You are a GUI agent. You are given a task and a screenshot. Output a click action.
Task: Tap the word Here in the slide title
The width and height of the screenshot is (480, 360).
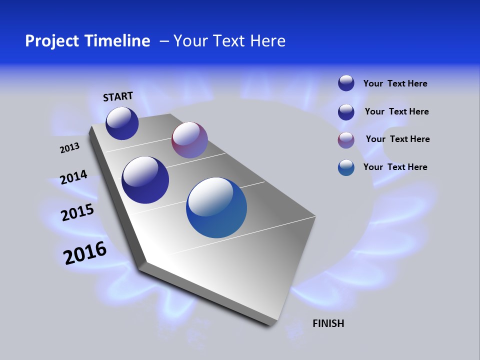[x=264, y=41]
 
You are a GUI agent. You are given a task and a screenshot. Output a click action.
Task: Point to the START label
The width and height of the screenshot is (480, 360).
[x=118, y=96]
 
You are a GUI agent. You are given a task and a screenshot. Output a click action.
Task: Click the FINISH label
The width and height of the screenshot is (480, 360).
[x=328, y=323]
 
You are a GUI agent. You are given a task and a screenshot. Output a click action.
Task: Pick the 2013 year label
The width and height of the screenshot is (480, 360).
[x=69, y=148]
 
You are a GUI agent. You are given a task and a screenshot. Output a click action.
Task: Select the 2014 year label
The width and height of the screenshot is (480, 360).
[x=73, y=177]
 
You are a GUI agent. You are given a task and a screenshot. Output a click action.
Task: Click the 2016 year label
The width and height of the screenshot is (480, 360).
[x=85, y=253]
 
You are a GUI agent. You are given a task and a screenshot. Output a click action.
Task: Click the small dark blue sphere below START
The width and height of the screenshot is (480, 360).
[x=122, y=123]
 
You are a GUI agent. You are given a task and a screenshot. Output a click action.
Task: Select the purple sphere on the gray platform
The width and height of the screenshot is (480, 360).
[x=189, y=140]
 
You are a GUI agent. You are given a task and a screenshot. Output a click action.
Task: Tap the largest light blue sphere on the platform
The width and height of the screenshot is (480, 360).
[x=216, y=207]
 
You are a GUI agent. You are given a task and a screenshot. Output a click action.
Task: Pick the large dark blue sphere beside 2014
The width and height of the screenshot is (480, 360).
[x=145, y=180]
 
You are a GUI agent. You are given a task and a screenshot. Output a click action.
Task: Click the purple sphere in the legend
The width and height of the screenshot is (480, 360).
[x=346, y=140]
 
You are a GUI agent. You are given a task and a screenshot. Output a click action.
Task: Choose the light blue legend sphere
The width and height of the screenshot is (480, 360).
[x=346, y=167]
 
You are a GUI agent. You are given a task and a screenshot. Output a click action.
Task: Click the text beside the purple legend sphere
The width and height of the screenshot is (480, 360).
[x=397, y=139]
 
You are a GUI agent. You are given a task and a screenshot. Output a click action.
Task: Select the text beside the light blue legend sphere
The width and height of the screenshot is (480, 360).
[x=395, y=167]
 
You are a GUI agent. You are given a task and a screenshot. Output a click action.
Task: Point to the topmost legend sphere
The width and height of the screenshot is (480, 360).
[x=346, y=83]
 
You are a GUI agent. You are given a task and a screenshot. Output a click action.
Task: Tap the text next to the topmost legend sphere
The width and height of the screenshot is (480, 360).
[x=395, y=83]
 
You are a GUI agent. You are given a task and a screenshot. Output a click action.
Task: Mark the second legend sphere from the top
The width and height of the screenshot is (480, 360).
[x=346, y=112]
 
